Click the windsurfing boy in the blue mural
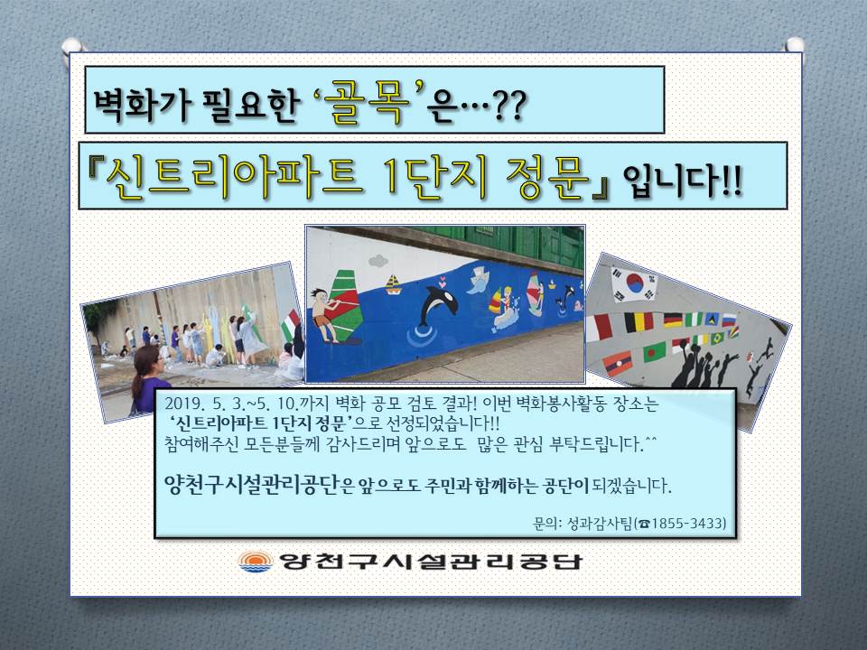[x=325, y=313]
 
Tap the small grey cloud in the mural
[x=378, y=259]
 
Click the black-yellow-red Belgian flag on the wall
[x=639, y=321]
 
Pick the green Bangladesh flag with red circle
[x=655, y=351]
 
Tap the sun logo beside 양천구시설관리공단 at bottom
[x=256, y=561]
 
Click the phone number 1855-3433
[x=689, y=523]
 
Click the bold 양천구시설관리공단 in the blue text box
[x=251, y=486]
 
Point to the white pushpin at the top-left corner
[x=71, y=45]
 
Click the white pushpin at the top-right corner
[x=795, y=45]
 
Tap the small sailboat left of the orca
[x=393, y=283]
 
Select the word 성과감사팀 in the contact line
[x=600, y=523]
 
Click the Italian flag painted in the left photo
[x=290, y=324]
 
